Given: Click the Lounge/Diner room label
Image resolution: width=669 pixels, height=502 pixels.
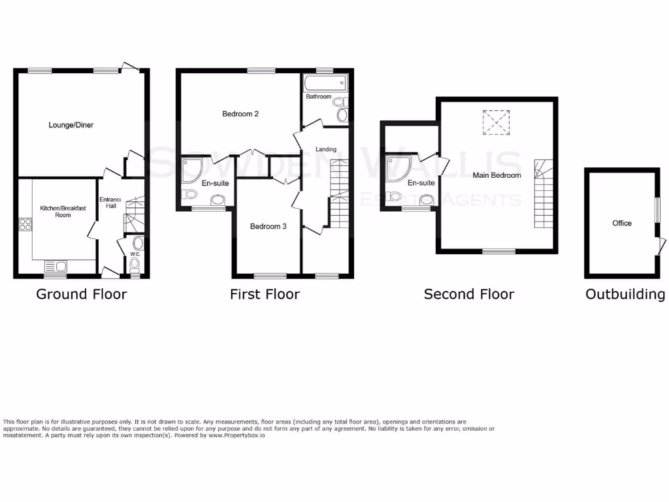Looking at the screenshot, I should pyautogui.click(x=71, y=124).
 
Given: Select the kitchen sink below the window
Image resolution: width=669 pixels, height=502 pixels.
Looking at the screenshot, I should pyautogui.click(x=55, y=266).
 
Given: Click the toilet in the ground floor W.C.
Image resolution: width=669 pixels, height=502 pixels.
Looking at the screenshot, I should pyautogui.click(x=135, y=264).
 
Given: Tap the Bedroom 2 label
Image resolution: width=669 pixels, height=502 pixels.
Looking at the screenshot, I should pyautogui.click(x=240, y=114).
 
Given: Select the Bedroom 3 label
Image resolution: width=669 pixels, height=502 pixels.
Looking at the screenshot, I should pyautogui.click(x=268, y=226).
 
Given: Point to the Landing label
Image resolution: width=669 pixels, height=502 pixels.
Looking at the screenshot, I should pyautogui.click(x=325, y=149).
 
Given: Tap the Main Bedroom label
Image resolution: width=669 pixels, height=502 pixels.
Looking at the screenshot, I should pyautogui.click(x=497, y=175).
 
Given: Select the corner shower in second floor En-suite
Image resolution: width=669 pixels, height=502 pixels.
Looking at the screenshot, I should pyautogui.click(x=397, y=169).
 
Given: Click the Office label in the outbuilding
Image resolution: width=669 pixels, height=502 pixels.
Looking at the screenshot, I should pyautogui.click(x=621, y=223).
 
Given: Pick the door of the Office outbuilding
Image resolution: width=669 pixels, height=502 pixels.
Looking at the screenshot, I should pyautogui.click(x=661, y=246).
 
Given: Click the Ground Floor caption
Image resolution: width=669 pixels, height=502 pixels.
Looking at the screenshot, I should pyautogui.click(x=81, y=294).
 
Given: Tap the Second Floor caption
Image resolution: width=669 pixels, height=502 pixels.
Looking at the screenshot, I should pyautogui.click(x=468, y=294).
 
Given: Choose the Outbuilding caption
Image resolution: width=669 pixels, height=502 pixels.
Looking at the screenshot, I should pyautogui.click(x=625, y=294).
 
